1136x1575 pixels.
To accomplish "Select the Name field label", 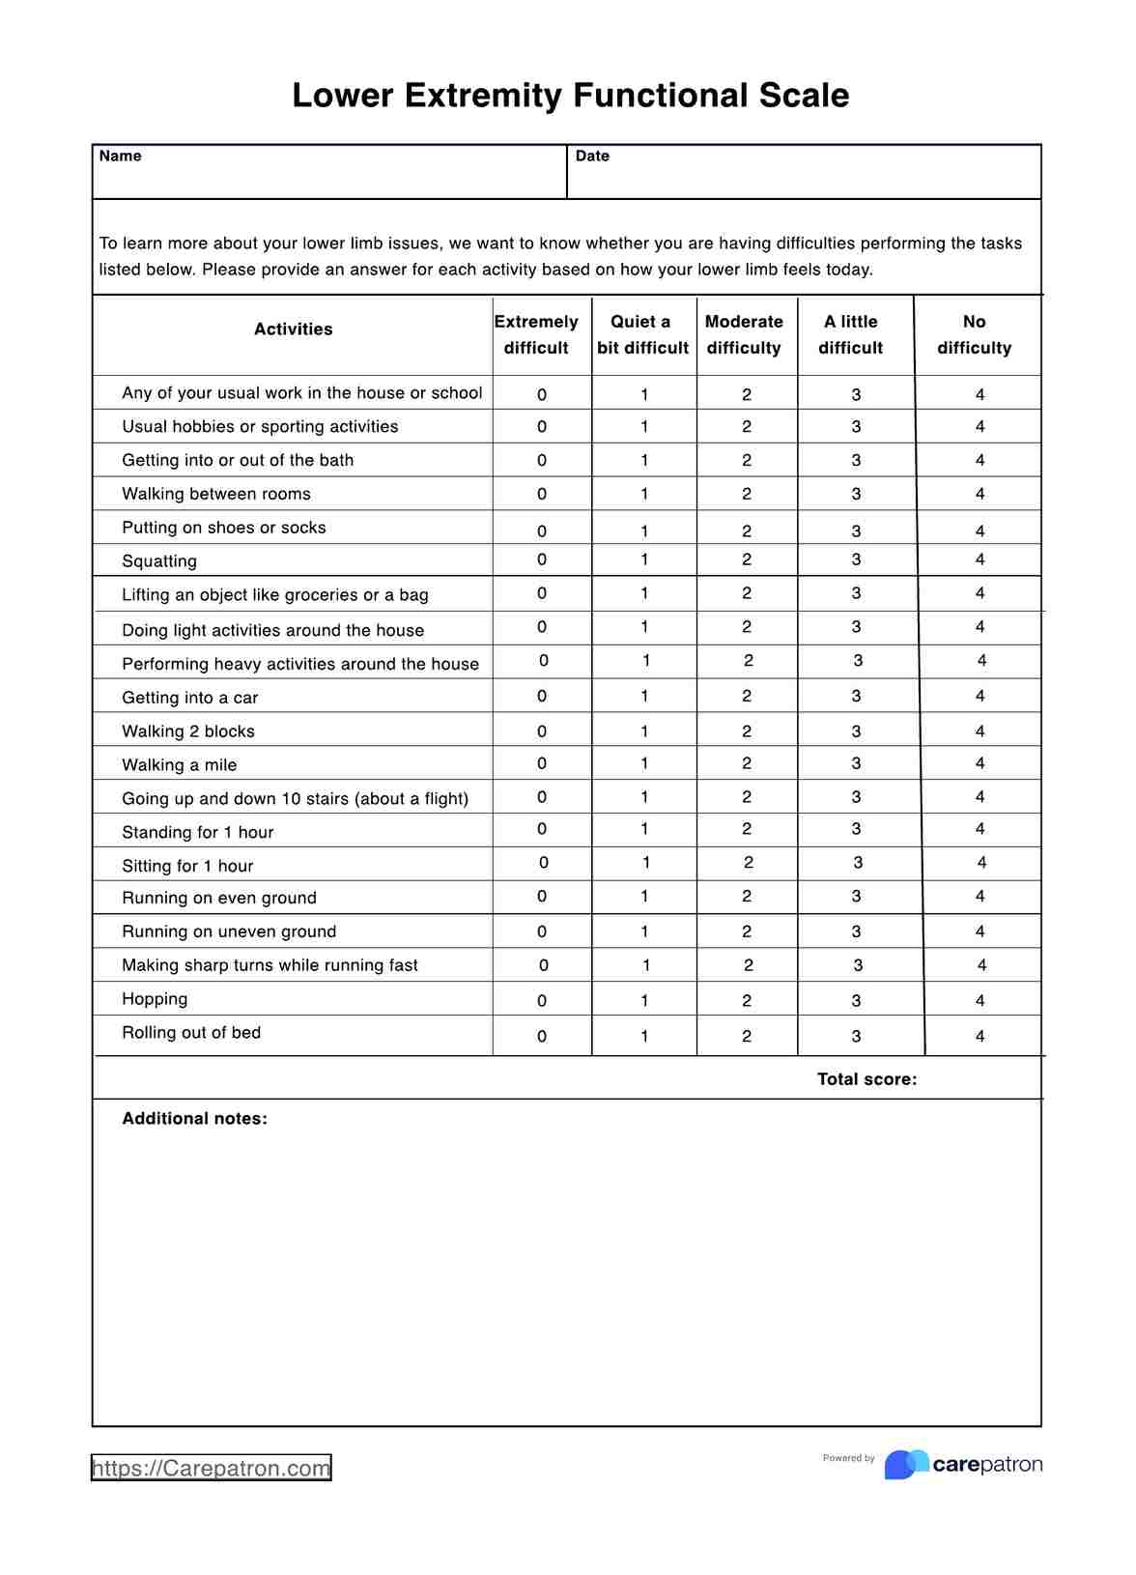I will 120,157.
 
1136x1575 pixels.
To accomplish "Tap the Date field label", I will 592,157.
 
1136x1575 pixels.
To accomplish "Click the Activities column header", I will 293,329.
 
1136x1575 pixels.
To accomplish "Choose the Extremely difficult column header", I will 536,334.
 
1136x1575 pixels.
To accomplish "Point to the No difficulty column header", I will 974,334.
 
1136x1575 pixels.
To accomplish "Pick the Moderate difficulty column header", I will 744,334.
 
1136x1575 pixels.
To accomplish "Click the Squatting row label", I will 159,561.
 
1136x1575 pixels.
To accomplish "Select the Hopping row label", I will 155,999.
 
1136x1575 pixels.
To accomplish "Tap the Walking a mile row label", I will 179,765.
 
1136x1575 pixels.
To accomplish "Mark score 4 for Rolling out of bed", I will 980,1037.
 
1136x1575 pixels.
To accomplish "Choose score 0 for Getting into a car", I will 542,697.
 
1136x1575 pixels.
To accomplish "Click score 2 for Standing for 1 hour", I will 747,829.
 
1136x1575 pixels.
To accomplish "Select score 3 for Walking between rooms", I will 856,495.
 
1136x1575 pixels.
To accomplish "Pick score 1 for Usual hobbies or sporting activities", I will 644,427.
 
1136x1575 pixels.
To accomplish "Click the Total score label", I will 866,1079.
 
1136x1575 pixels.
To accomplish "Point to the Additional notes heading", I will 194,1119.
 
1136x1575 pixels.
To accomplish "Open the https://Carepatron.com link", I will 211,1469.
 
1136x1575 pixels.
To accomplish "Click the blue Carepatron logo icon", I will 906,1465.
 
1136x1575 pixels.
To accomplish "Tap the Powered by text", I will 848,1458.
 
